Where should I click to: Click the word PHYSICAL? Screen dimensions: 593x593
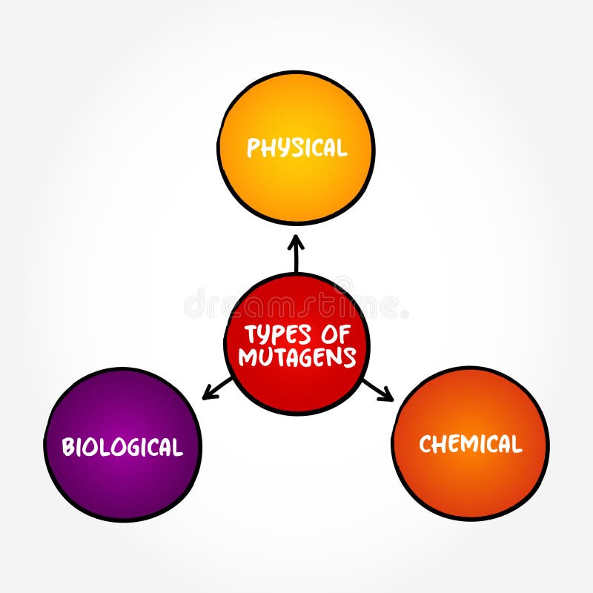(x=296, y=148)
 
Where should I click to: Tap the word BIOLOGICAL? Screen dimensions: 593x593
(x=122, y=447)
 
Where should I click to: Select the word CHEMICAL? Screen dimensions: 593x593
(x=471, y=444)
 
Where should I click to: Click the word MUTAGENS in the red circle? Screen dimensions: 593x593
(x=296, y=357)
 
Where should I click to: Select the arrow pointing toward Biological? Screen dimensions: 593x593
(x=217, y=388)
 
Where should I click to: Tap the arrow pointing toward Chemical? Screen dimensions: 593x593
(x=377, y=390)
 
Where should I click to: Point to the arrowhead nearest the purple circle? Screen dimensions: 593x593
(x=205, y=397)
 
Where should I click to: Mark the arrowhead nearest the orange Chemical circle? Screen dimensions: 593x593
(x=391, y=399)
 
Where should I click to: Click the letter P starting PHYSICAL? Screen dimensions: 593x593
(x=253, y=148)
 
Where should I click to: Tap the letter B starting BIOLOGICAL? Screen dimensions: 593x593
(x=67, y=448)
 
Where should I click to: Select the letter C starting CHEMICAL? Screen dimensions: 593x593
(x=425, y=444)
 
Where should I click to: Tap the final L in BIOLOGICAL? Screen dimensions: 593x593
(x=178, y=448)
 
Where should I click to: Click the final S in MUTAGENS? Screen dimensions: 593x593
(x=349, y=357)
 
